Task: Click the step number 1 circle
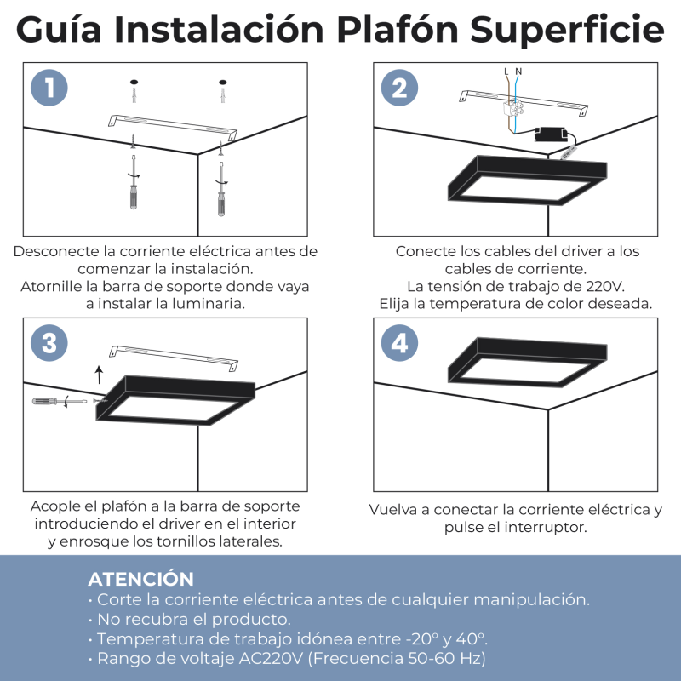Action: click(49, 88)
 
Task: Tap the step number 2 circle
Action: click(399, 88)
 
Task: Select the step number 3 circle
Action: click(49, 343)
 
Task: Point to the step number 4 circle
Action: click(399, 343)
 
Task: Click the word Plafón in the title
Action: click(398, 30)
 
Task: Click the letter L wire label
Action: click(506, 72)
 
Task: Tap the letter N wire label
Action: click(518, 72)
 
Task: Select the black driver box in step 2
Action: click(551, 134)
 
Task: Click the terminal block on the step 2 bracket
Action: click(513, 109)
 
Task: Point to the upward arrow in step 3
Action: click(100, 375)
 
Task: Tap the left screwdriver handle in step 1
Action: click(134, 197)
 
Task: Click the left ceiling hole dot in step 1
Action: click(134, 82)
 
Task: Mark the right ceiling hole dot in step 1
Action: click(223, 82)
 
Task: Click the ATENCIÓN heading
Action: click(140, 579)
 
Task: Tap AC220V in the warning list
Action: click(271, 658)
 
